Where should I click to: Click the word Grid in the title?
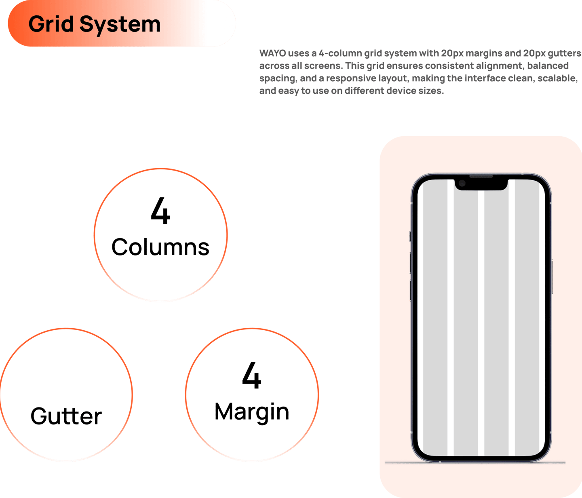tap(51, 24)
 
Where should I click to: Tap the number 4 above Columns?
tap(160, 211)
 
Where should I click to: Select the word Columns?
tap(160, 247)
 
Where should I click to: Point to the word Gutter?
tap(66, 416)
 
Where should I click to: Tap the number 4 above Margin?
tap(251, 376)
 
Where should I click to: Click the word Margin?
tap(252, 412)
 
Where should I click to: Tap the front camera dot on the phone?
tap(462, 184)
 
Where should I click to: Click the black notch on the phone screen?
tap(481, 184)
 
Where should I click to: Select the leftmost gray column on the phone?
tap(435, 323)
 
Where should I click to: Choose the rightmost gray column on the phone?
tap(527, 323)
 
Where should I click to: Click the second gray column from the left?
tap(466, 323)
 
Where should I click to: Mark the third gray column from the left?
tap(496, 323)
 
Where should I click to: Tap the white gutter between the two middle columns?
tap(481, 323)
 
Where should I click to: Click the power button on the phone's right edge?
tap(552, 275)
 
